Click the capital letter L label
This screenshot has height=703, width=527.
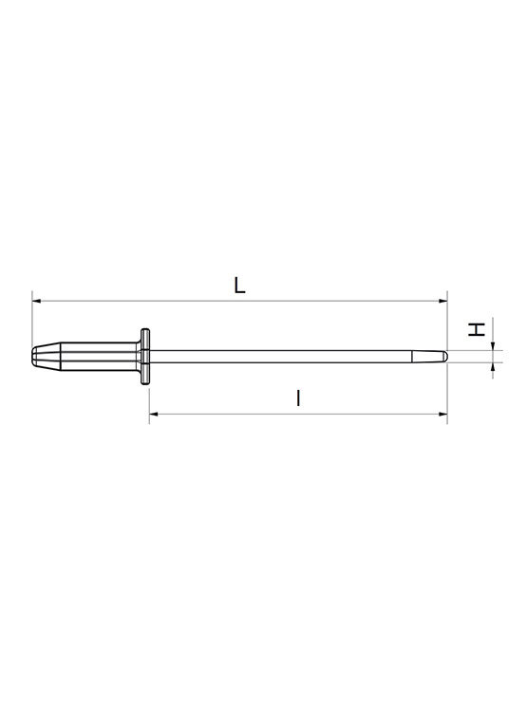(x=239, y=286)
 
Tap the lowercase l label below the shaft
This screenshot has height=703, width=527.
(x=298, y=398)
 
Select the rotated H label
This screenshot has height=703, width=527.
(x=477, y=329)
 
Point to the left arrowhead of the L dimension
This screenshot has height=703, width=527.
(x=36, y=301)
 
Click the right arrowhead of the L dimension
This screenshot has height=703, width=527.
(x=443, y=301)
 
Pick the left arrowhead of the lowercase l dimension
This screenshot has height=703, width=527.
(x=154, y=414)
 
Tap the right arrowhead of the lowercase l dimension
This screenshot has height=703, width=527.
(x=443, y=414)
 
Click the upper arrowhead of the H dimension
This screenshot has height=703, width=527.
(x=493, y=346)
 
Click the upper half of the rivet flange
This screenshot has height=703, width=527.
(x=145, y=340)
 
